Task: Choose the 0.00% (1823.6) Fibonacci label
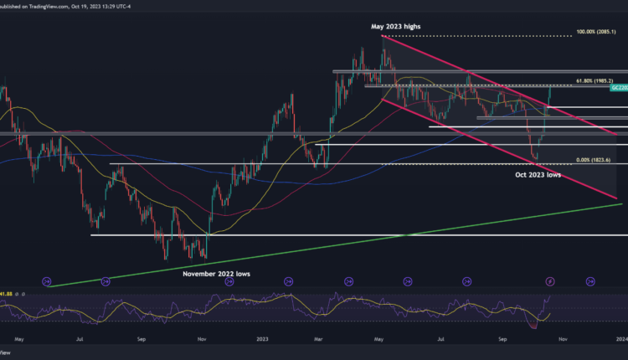[595, 159]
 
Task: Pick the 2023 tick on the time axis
[262, 339]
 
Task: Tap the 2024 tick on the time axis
[620, 339]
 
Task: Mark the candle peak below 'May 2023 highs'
[384, 38]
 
